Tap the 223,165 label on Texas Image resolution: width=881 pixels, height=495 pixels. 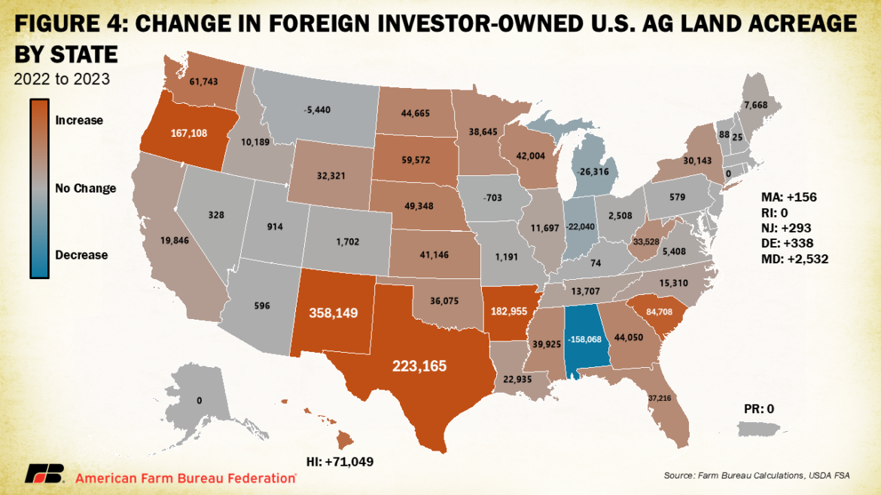[x=419, y=366]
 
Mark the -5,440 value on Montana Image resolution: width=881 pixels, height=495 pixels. [x=316, y=109]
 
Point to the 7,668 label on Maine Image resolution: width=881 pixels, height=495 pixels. [x=755, y=105]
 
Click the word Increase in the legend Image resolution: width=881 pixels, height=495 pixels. [x=79, y=120]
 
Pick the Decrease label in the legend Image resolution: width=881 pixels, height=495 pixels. [x=81, y=255]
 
